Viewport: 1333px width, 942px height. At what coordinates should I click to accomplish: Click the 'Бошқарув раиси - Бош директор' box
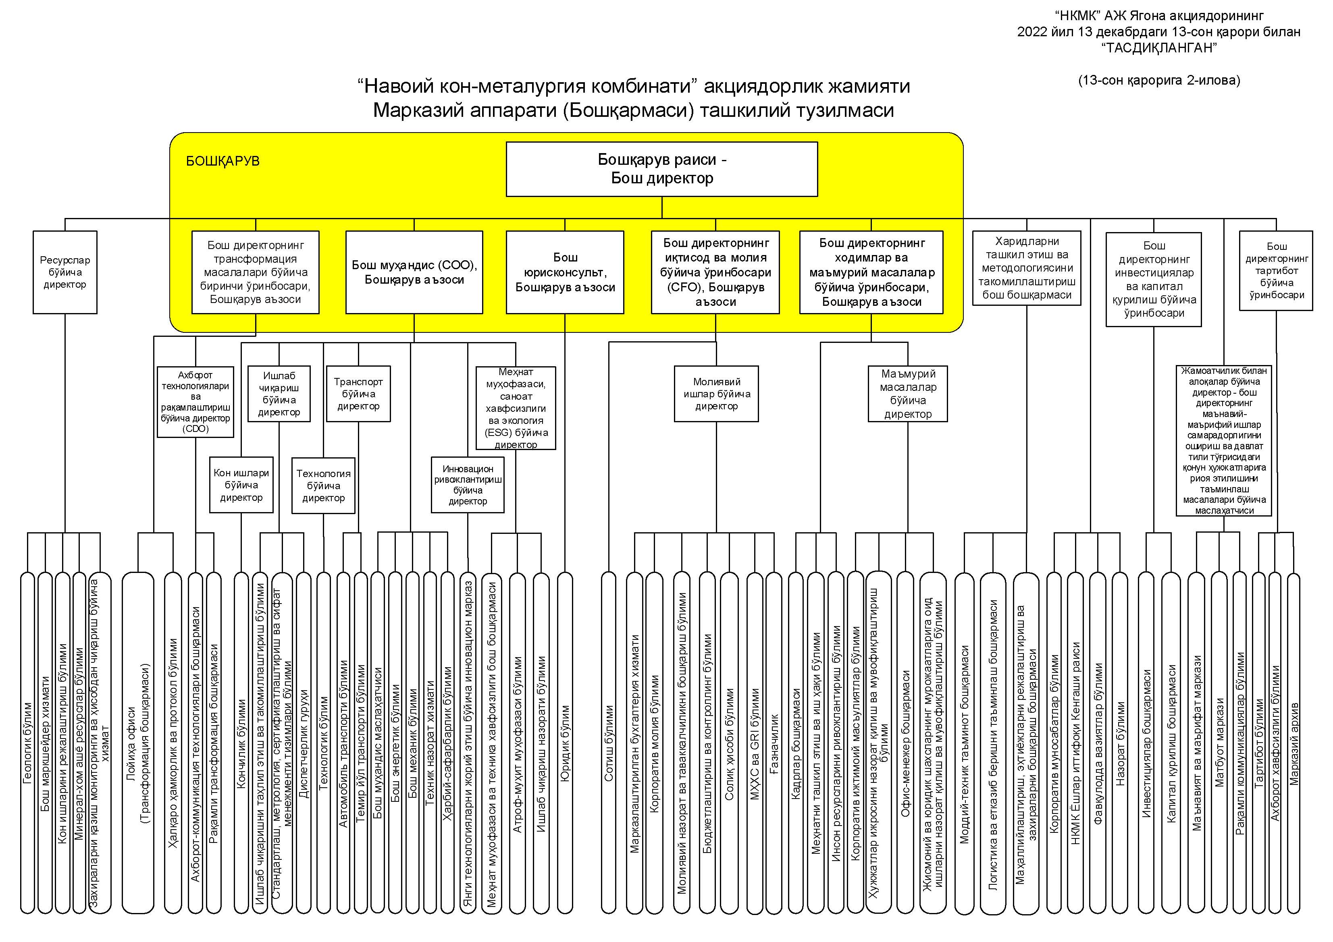661,169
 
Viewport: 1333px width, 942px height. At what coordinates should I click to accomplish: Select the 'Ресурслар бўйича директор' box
65,272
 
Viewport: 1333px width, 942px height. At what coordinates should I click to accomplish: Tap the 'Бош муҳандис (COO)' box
414,272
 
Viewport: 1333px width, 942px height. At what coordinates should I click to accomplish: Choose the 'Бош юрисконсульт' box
565,272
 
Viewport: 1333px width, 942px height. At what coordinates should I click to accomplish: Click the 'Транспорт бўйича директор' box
358,394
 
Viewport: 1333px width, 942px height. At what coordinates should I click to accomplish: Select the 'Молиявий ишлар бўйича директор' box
716,394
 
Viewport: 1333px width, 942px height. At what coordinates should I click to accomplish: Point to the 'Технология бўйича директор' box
323,485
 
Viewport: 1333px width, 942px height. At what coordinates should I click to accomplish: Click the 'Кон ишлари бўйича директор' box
241,485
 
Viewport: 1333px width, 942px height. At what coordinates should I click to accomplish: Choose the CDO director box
195,402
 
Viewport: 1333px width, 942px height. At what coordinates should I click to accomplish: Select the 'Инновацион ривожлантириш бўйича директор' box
467,485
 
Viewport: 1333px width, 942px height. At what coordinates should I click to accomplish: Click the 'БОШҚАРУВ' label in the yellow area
223,161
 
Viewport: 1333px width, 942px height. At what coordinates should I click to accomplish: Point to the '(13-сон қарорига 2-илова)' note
1159,81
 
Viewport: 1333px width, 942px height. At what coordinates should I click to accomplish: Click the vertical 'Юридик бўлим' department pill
565,743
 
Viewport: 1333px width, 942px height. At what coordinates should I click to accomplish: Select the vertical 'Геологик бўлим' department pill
27,743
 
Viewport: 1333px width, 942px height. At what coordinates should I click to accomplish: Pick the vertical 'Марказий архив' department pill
1293,743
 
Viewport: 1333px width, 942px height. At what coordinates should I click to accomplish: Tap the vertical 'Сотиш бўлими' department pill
608,743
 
